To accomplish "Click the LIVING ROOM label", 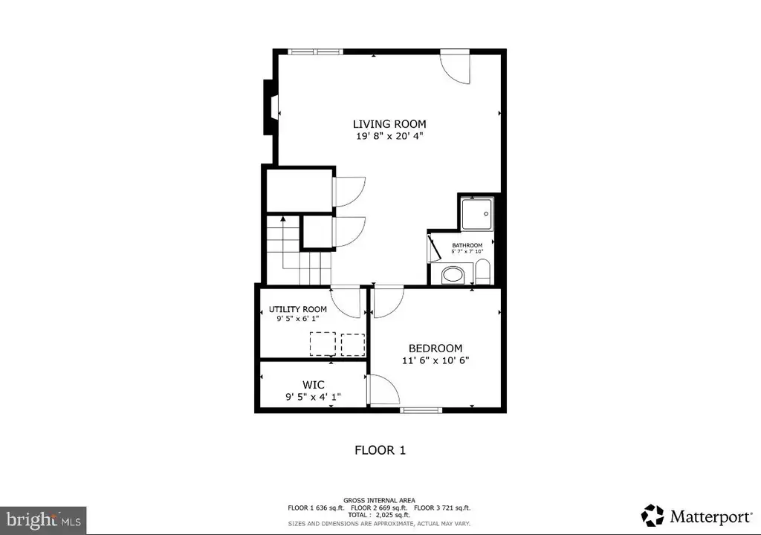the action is (x=389, y=124).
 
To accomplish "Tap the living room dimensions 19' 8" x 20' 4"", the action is (x=389, y=137).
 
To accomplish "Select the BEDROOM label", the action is (x=435, y=348).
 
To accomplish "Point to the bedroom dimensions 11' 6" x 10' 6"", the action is (x=435, y=360).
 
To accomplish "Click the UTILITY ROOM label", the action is (x=298, y=309).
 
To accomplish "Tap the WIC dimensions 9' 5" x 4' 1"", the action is (x=313, y=397).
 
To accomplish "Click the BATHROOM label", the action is (x=467, y=245).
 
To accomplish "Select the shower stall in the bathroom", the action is (x=477, y=213).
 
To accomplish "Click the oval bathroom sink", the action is (x=453, y=275).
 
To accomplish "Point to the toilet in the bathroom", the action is (x=483, y=272).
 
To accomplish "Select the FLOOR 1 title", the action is (x=380, y=450).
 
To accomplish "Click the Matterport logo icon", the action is (x=652, y=515).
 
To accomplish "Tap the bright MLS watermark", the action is (x=44, y=521).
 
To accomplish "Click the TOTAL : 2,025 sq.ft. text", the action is (x=379, y=515).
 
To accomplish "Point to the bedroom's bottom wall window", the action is (x=421, y=410).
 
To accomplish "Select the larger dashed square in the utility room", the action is (x=323, y=344).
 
